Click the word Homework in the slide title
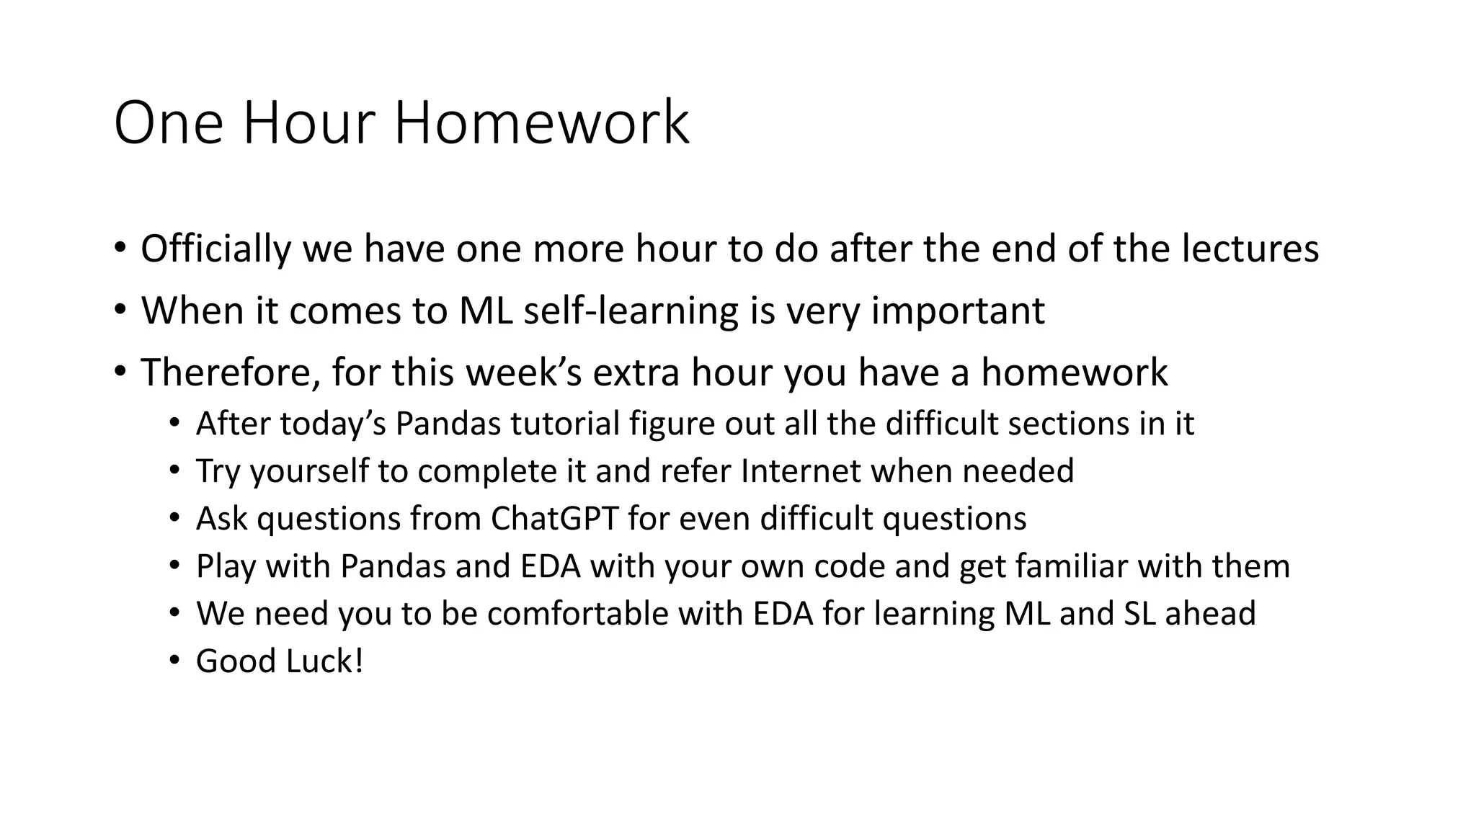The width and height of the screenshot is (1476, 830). tap(541, 123)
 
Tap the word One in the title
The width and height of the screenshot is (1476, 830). tap(169, 123)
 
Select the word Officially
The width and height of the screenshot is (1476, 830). tap(215, 249)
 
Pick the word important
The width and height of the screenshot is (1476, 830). tap(958, 311)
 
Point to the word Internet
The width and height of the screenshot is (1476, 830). tap(801, 470)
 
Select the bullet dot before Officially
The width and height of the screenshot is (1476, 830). tap(120, 249)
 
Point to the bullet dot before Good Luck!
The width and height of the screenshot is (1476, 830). tap(174, 661)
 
